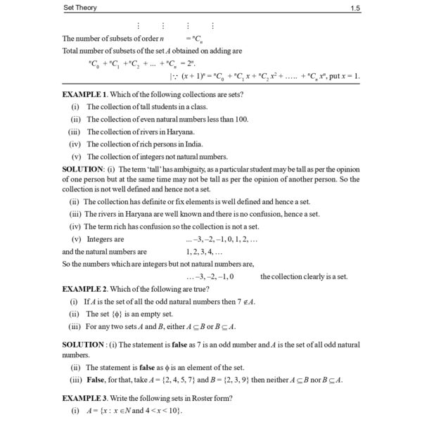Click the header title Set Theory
click(82, 8)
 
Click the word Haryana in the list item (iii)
click(179, 132)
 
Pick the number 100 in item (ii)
click(241, 119)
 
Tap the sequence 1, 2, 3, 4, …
click(204, 251)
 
